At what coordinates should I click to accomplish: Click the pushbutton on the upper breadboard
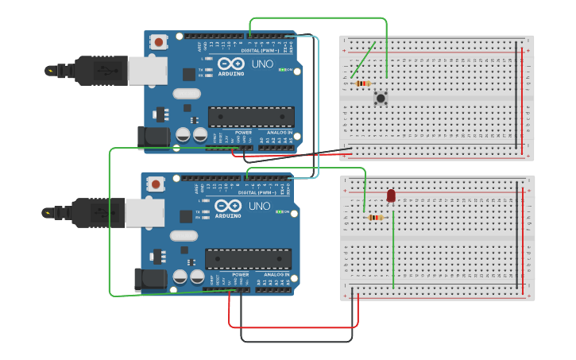coord(381,98)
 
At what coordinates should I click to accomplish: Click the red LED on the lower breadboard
coord(391,195)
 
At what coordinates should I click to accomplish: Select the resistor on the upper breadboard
coord(362,83)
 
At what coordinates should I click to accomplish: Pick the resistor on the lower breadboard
coord(375,218)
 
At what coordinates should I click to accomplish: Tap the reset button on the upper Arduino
coord(159,42)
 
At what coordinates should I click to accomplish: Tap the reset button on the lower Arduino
coord(156,184)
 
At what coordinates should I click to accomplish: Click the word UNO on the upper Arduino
coord(262,64)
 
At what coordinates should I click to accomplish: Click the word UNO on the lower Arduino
coord(259,206)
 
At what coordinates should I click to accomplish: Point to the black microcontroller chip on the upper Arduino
coord(251,117)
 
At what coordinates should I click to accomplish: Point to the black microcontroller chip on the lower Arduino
coord(248,259)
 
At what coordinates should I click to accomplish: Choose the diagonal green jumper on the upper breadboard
coord(363,60)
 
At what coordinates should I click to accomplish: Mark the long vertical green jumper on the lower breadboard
coord(392,250)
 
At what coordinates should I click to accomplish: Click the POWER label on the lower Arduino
coord(240,274)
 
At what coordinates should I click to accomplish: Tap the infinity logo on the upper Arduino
coord(230,64)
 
